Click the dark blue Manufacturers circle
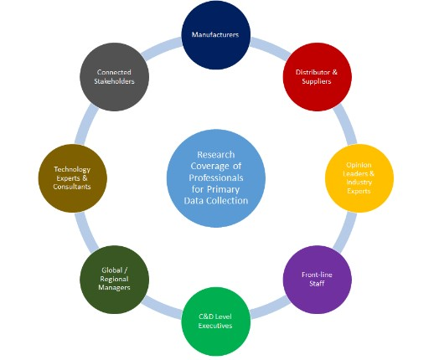click(216, 35)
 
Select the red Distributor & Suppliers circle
click(318, 76)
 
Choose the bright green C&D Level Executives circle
click(216, 321)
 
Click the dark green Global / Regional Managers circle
click(115, 279)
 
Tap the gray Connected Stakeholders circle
click(115, 76)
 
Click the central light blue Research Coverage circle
click(216, 177)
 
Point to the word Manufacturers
click(216, 35)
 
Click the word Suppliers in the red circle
click(318, 82)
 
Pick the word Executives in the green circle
click(216, 327)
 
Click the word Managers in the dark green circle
click(115, 289)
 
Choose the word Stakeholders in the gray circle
click(115, 82)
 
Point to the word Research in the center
click(216, 155)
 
